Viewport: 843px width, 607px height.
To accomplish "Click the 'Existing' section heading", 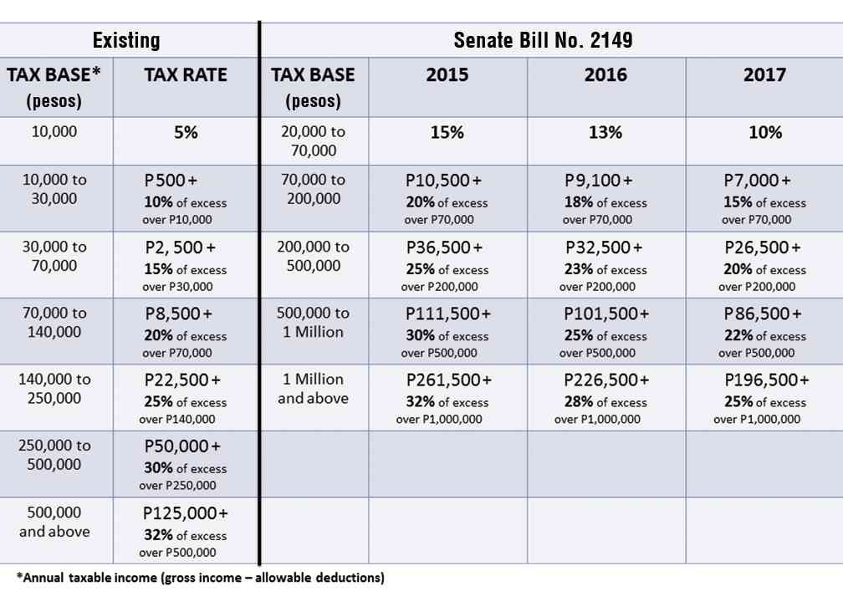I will pos(126,39).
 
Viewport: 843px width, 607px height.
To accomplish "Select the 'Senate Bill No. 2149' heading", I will pos(543,39).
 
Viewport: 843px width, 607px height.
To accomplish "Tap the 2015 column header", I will pos(447,75).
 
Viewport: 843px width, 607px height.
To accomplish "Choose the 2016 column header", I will pos(605,75).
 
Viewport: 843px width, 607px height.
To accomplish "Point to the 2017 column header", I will pos(764,75).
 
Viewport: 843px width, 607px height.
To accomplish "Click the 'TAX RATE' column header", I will pos(185,75).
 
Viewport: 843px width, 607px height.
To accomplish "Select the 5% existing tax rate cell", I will pos(185,132).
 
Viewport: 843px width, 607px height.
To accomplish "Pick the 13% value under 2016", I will pos(605,132).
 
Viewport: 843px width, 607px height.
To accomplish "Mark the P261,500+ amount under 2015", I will pos(449,380).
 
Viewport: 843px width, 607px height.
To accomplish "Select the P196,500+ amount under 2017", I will pos(767,380).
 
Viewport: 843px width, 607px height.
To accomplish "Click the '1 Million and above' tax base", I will pos(313,390).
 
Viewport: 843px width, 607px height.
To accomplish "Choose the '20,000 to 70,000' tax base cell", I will pos(313,141).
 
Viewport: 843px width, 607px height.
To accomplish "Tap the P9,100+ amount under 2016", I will pos(599,181).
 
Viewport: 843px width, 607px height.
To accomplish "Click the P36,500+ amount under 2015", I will pos(444,247).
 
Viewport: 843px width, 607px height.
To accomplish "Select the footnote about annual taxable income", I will pos(201,578).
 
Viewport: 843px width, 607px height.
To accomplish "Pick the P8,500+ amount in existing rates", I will pos(178,314).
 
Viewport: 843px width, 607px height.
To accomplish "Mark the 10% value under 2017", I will pos(764,132).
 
